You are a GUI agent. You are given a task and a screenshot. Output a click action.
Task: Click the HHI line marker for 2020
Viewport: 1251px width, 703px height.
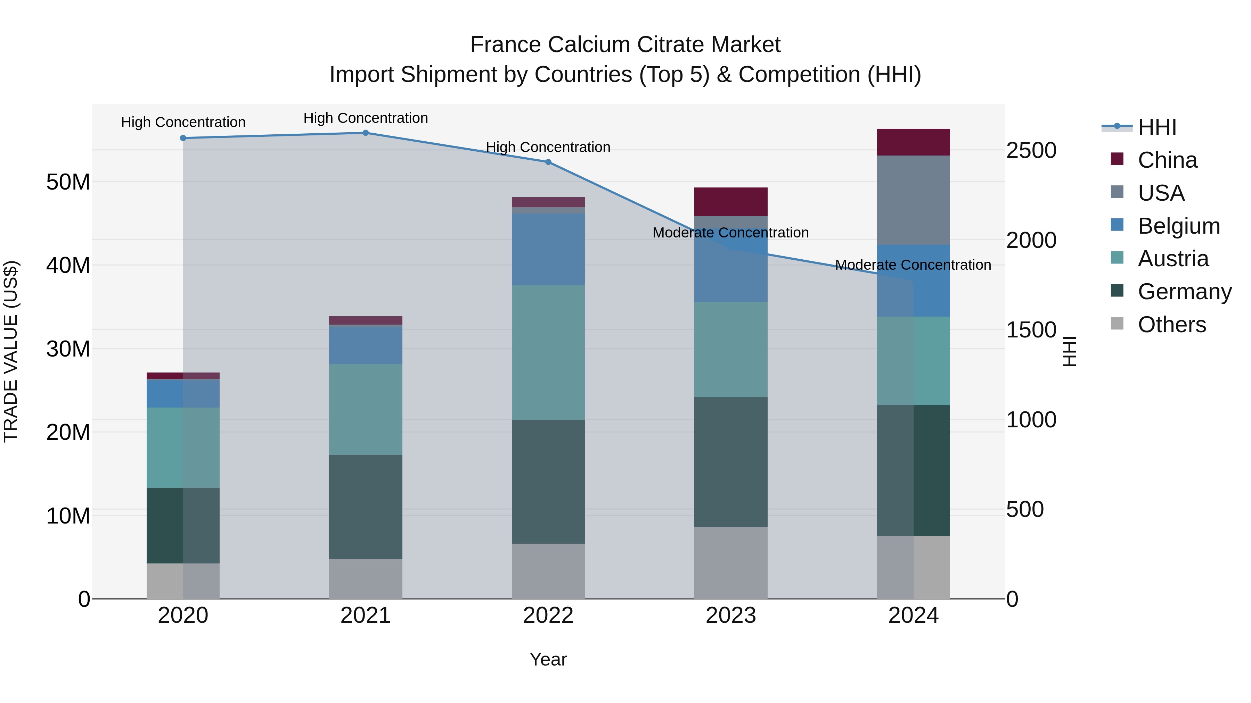183,138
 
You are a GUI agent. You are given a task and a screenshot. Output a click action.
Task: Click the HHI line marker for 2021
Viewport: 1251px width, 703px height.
366,133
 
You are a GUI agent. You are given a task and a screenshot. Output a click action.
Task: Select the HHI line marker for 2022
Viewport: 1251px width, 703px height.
548,162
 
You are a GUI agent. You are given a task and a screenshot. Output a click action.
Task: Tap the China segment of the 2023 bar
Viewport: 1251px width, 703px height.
731,202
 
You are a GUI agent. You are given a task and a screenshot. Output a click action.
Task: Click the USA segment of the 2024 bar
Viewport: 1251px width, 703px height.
914,200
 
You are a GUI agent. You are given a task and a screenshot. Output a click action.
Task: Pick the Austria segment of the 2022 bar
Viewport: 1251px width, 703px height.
548,353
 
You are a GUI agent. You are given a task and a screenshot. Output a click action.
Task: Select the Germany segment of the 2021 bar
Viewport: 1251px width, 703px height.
366,507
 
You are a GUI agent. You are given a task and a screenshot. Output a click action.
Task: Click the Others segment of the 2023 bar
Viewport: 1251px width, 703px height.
731,563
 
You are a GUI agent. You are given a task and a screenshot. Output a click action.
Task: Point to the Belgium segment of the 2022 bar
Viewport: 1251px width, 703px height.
548,249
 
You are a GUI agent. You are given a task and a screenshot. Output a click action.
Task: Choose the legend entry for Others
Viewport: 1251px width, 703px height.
1171,325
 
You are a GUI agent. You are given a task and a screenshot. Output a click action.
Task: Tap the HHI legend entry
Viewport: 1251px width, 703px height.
1157,127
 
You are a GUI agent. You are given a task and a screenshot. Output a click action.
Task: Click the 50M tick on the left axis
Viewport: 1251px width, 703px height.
68,182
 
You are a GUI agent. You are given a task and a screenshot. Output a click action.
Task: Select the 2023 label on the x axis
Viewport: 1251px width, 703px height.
731,616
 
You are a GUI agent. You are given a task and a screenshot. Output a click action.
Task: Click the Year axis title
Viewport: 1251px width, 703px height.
548,659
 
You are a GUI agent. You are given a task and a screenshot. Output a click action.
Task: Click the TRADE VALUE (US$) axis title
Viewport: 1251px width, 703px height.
11,351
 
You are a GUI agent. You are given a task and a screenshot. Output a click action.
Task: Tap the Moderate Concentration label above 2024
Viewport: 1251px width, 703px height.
913,265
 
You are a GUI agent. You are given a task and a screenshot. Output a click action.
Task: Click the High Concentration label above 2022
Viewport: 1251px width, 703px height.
548,147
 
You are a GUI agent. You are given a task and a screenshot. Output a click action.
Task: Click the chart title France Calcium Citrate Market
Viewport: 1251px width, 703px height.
625,45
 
